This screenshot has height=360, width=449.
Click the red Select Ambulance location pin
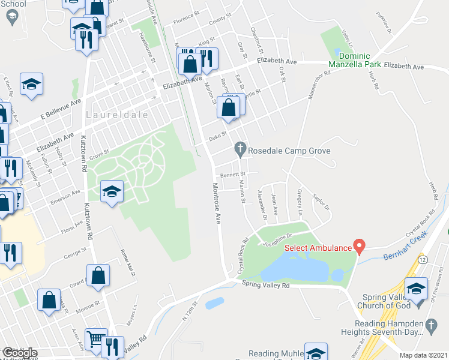pyautogui.click(x=359, y=246)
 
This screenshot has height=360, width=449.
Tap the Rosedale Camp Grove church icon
pyautogui.click(x=240, y=148)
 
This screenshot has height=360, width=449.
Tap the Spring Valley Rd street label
pyautogui.click(x=266, y=286)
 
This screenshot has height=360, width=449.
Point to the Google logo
pyautogui.click(x=20, y=353)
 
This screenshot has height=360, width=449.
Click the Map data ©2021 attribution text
pyautogui.click(x=423, y=355)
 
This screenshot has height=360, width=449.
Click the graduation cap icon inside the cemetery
pyautogui.click(x=111, y=191)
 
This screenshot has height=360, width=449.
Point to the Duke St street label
pyautogui.click(x=217, y=137)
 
